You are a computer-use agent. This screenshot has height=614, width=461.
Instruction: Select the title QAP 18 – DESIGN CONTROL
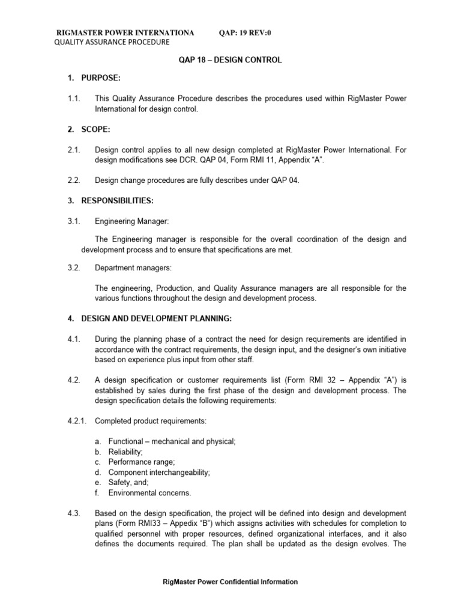230,61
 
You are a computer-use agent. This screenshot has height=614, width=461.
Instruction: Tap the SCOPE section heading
86,130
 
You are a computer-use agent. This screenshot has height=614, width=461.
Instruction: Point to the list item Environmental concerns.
149,493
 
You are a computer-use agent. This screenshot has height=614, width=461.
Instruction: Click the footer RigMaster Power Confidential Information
230,582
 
